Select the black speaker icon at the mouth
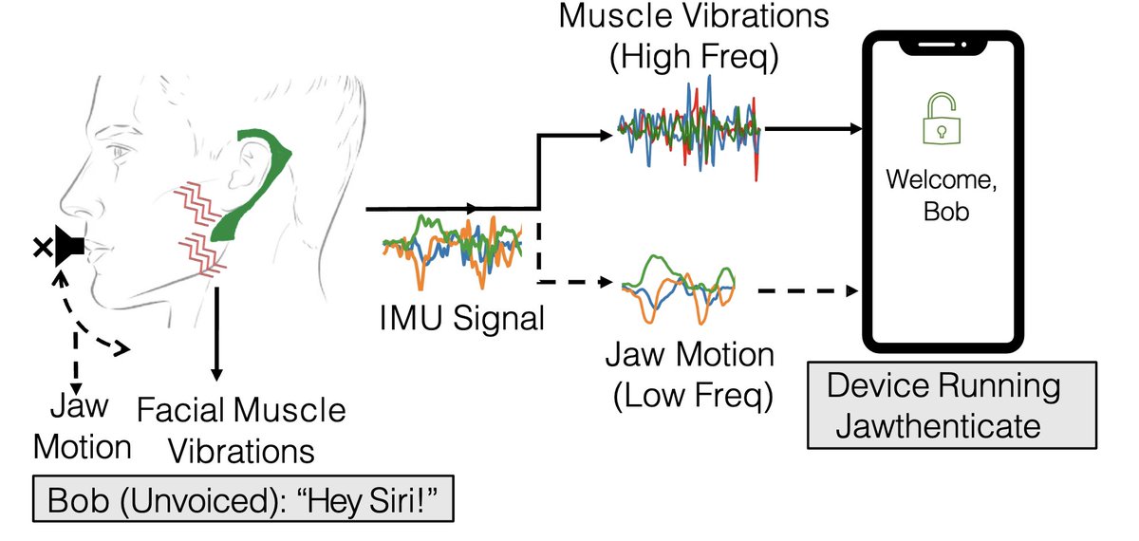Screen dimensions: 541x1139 [x=70, y=247]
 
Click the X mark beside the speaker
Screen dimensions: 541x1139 [x=42, y=249]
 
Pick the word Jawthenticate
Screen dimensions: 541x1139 [x=937, y=424]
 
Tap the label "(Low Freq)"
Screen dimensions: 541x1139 [x=689, y=392]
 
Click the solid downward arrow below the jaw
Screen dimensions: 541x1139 [x=218, y=332]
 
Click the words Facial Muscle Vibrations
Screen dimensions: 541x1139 [x=241, y=430]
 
